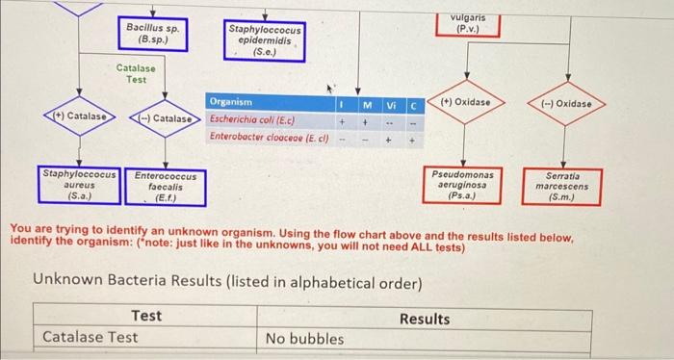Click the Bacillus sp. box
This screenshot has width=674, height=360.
pyautogui.click(x=153, y=34)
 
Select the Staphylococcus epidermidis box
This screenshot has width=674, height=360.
pyautogui.click(x=265, y=40)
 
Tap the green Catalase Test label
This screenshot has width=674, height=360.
pyautogui.click(x=136, y=74)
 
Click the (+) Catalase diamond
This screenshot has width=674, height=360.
pyautogui.click(x=80, y=116)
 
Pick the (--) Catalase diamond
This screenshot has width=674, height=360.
pyautogui.click(x=166, y=118)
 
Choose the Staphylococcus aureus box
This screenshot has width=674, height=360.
pyautogui.click(x=79, y=185)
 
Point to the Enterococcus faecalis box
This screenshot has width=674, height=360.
pyautogui.click(x=166, y=188)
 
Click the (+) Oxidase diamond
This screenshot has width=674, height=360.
pyautogui.click(x=465, y=102)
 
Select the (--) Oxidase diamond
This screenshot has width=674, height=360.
pyautogui.click(x=566, y=104)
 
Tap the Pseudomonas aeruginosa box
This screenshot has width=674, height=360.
pyautogui.click(x=462, y=185)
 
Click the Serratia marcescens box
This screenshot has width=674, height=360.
pyautogui.click(x=561, y=187)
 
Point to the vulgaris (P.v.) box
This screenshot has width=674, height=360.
pyautogui.click(x=468, y=24)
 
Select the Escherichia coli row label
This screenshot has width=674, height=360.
pyautogui.click(x=252, y=120)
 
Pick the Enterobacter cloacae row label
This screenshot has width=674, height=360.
pyautogui.click(x=269, y=138)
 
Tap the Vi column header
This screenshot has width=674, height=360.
pyautogui.click(x=391, y=105)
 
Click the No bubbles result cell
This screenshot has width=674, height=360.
pyautogui.click(x=305, y=339)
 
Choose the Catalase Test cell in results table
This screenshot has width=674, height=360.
pyautogui.click(x=90, y=337)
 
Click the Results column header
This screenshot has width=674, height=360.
pyautogui.click(x=425, y=319)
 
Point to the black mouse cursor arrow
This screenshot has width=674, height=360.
pyautogui.click(x=329, y=89)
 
